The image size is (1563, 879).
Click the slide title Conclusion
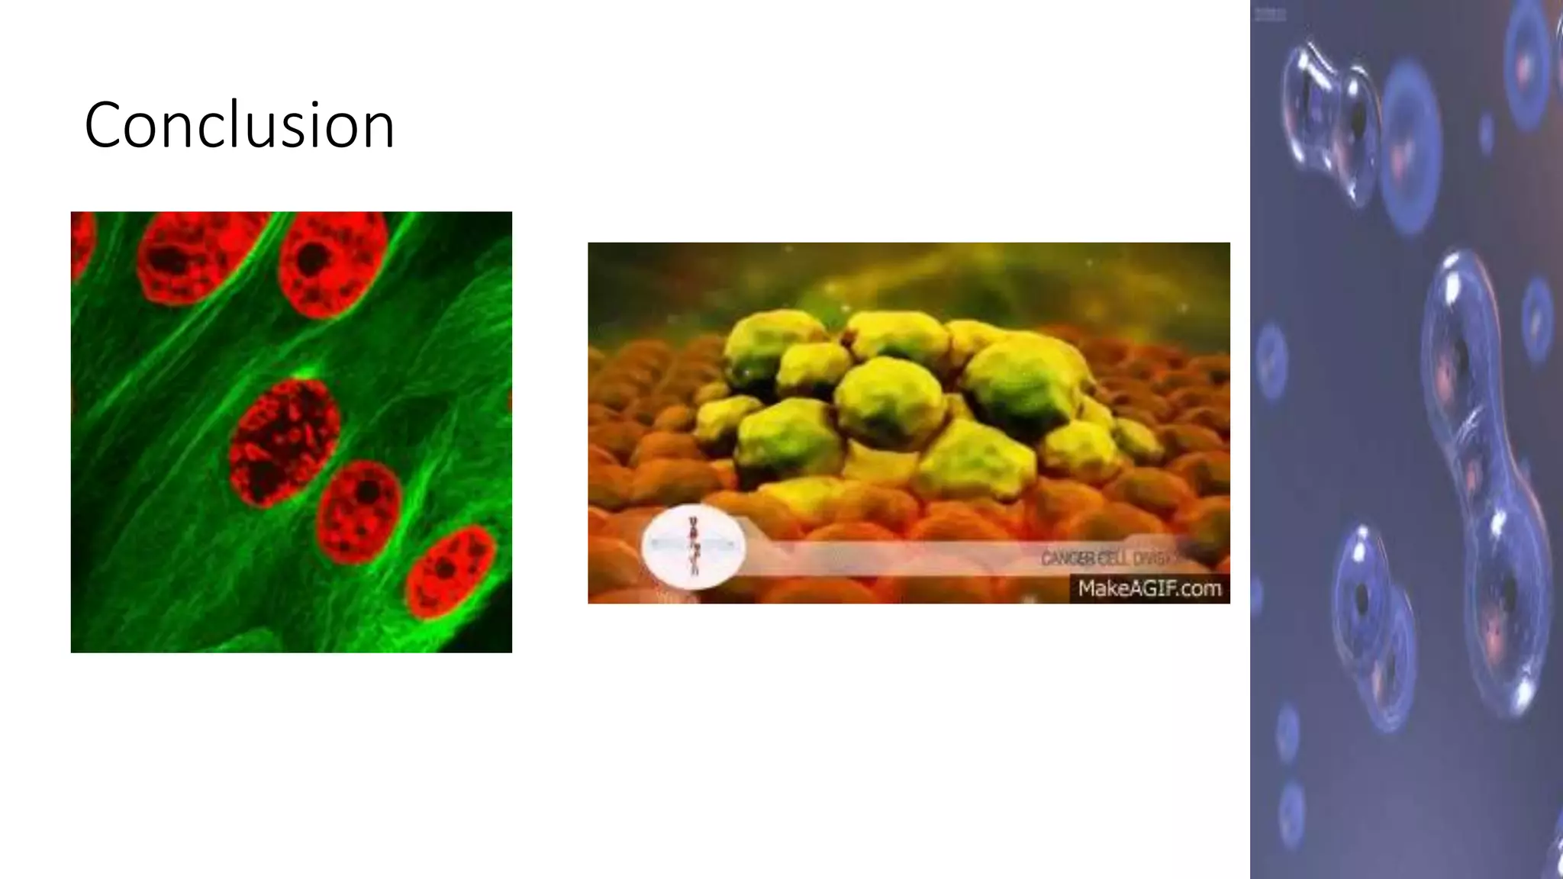click(x=239, y=124)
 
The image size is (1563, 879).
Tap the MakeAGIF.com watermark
click(x=1149, y=588)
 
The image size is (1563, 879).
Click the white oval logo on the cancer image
click(x=694, y=547)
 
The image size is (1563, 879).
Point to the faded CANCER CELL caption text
click(x=1107, y=559)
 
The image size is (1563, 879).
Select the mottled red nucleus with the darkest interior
click(x=284, y=442)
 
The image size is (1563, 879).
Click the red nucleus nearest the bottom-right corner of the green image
click(x=450, y=571)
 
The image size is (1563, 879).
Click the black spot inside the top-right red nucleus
click(x=311, y=259)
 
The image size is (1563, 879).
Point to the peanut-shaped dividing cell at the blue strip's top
click(x=1332, y=122)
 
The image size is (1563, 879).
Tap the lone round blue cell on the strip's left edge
click(x=1271, y=359)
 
